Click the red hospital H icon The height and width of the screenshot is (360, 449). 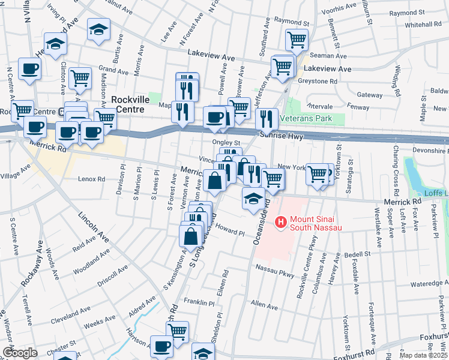pos(280,223)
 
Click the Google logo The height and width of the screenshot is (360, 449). pos(20,352)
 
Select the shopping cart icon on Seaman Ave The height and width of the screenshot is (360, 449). pos(297,40)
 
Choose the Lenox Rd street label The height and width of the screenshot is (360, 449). pos(91,179)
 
